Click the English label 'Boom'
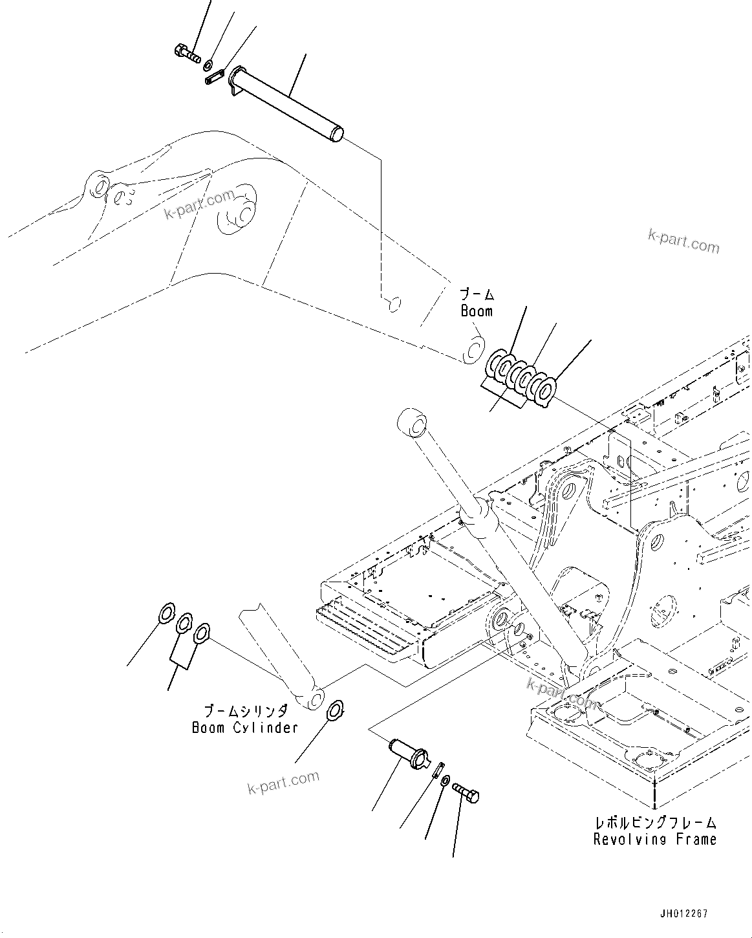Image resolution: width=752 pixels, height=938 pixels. click(477, 311)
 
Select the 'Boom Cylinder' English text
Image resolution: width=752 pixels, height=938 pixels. click(244, 728)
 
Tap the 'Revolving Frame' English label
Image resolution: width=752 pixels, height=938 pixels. click(655, 839)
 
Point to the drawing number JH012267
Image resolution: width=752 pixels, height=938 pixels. click(683, 913)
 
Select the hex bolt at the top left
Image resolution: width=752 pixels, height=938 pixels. click(187, 53)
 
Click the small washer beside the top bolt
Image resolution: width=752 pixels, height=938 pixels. click(209, 65)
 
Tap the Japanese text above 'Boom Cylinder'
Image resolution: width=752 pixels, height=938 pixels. click(245, 712)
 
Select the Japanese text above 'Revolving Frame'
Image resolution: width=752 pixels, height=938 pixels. click(655, 823)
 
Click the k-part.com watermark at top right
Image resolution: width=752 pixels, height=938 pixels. click(683, 241)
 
